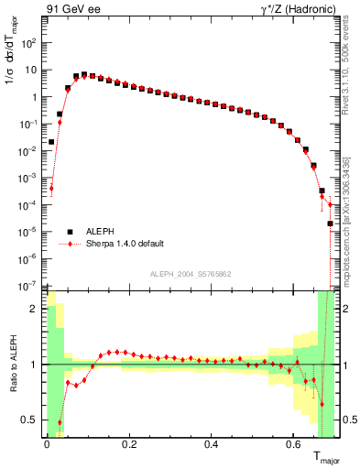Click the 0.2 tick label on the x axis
click(129, 446)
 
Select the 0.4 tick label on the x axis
click(212, 446)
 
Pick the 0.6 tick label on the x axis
click(294, 446)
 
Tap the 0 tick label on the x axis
click(47, 446)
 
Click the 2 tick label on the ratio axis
click(35, 309)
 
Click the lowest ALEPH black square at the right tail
click(330, 223)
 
